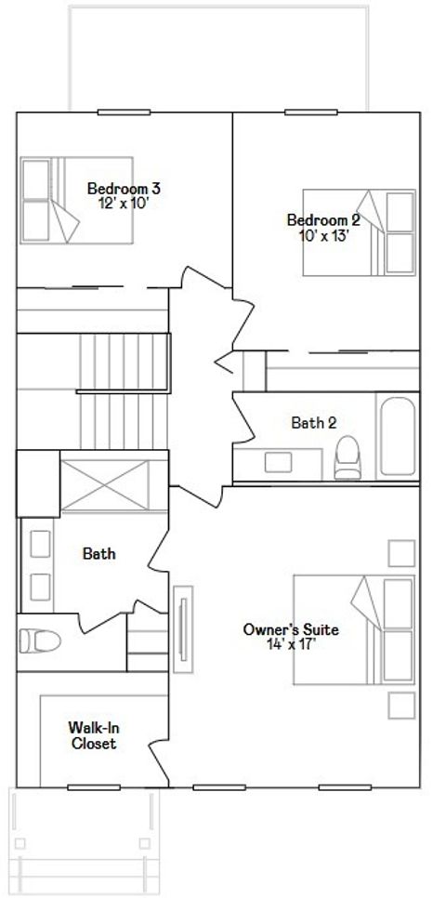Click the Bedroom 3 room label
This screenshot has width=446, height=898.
click(124, 188)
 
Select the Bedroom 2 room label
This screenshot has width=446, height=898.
click(324, 220)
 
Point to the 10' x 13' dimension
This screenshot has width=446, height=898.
click(324, 235)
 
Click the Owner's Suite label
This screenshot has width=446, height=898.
click(291, 630)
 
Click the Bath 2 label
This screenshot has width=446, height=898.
click(314, 423)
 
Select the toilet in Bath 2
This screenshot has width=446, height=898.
click(348, 457)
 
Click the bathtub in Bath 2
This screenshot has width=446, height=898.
click(398, 436)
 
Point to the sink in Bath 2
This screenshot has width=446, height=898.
click(278, 462)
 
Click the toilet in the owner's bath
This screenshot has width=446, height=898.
click(40, 640)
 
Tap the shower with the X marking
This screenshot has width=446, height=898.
click(105, 484)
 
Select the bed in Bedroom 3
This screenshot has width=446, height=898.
click(77, 201)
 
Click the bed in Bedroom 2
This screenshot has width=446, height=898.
click(360, 232)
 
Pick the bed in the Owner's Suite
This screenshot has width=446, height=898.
click(354, 630)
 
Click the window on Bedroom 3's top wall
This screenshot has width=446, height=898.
click(124, 112)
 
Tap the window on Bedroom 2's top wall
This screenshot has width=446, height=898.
click(311, 112)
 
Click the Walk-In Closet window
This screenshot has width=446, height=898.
click(94, 787)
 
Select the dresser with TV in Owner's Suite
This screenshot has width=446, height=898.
click(183, 629)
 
